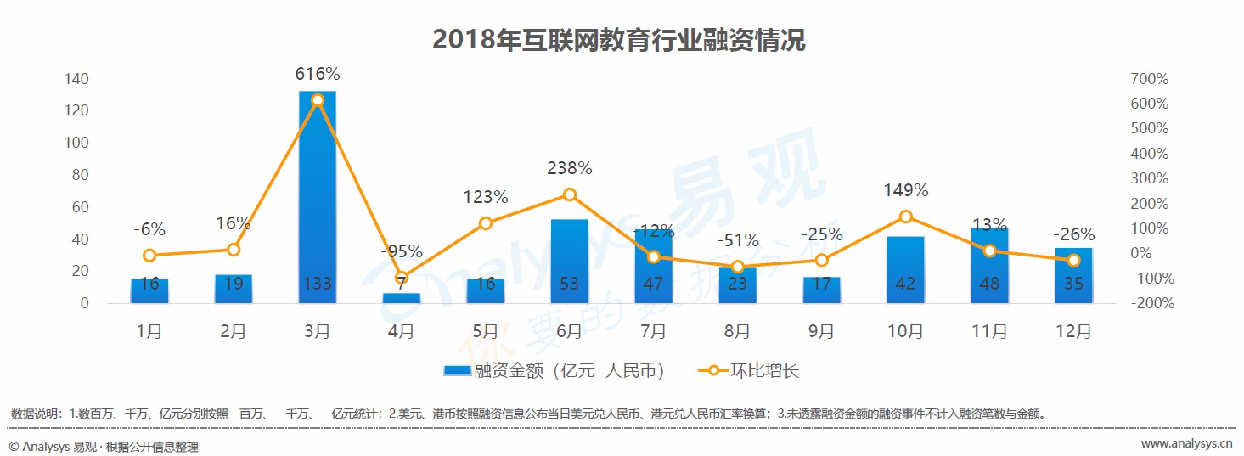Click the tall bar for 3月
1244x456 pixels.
click(x=318, y=195)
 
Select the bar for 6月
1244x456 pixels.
click(x=569, y=260)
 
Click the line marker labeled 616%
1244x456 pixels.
click(x=318, y=100)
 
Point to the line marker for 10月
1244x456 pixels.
click(x=905, y=217)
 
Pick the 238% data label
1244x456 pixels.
click(x=569, y=169)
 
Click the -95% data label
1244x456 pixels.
click(x=402, y=251)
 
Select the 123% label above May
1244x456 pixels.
click(x=485, y=198)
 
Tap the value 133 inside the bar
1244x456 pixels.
click(x=318, y=284)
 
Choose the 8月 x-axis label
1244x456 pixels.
click(x=737, y=332)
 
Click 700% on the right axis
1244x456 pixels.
click(x=1149, y=79)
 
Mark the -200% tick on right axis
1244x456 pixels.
click(x=1149, y=303)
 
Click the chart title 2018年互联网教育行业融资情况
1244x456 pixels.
click(x=619, y=40)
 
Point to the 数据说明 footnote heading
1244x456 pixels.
click(x=36, y=414)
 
